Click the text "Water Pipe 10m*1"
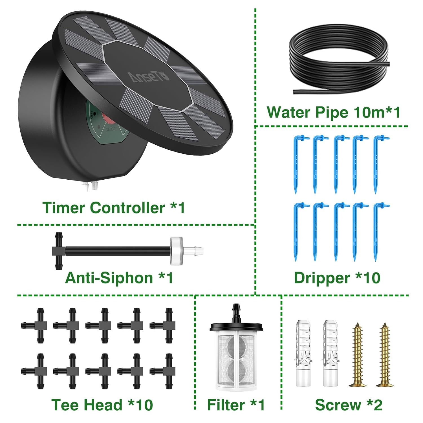click(x=333, y=112)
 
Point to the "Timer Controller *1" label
click(x=114, y=208)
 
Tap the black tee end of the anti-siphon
click(x=59, y=251)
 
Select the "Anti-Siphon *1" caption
click(x=119, y=278)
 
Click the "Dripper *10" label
click(x=337, y=278)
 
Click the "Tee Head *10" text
click(x=102, y=405)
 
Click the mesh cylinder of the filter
click(x=236, y=360)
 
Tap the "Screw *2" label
click(x=349, y=405)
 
